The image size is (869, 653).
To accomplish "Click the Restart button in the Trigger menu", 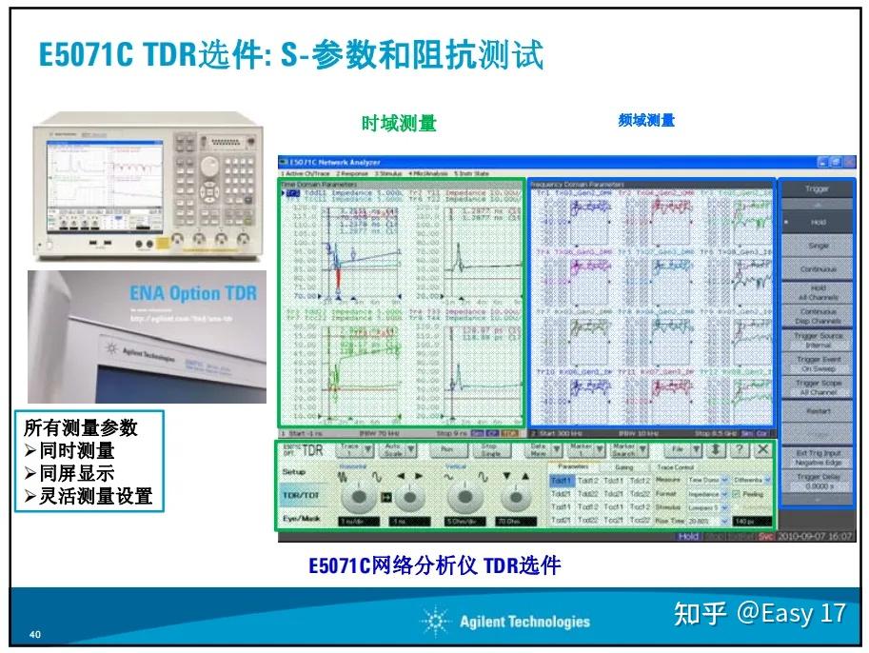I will click(818, 411).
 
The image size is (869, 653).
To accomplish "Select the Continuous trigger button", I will click(818, 269).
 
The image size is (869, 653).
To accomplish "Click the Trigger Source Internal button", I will click(818, 340).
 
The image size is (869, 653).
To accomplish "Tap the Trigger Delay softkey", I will click(818, 481).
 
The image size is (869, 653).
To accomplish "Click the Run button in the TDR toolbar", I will click(445, 450).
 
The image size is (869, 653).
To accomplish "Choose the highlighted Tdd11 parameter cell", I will click(561, 481).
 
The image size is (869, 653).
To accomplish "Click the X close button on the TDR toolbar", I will click(762, 449).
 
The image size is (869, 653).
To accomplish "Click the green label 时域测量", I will click(399, 123).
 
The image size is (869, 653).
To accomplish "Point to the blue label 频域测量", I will click(645, 120).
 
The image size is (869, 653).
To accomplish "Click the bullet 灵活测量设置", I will click(93, 495).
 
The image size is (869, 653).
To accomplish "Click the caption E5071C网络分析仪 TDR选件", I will click(434, 565).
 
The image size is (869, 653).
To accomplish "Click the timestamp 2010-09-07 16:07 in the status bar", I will click(815, 536).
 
